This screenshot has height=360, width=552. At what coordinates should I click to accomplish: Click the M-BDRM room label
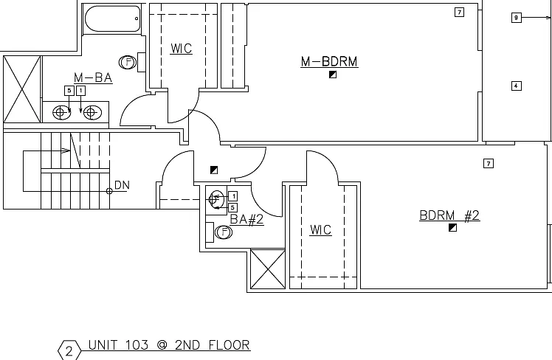[x=329, y=61]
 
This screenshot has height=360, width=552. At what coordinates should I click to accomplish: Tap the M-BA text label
[x=93, y=77]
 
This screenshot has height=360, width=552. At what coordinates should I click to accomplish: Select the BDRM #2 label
[x=449, y=215]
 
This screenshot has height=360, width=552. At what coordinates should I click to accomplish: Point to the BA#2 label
[x=246, y=219]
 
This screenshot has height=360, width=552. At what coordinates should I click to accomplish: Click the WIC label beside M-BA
[x=182, y=49]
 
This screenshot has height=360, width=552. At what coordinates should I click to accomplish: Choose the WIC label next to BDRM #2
[x=321, y=230]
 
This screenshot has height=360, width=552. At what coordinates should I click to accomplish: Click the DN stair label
[x=123, y=184]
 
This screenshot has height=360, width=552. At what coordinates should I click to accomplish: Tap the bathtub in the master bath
[x=113, y=18]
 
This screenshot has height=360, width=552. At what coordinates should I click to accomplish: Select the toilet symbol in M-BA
[x=128, y=63]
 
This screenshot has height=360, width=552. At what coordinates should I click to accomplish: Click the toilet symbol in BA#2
[x=223, y=232]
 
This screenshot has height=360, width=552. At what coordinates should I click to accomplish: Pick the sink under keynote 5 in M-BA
[x=61, y=112]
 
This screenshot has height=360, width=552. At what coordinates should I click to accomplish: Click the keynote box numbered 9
[x=516, y=18]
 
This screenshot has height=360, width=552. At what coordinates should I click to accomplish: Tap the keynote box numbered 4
[x=516, y=86]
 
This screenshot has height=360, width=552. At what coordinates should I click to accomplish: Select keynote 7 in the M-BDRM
[x=459, y=13]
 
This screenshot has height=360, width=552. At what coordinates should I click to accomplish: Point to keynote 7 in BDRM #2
[x=489, y=163]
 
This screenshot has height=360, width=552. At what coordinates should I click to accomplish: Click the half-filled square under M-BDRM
[x=333, y=75]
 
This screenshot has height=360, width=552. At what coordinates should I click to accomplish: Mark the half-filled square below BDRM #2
[x=452, y=228]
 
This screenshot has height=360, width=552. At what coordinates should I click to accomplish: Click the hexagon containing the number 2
[x=69, y=350]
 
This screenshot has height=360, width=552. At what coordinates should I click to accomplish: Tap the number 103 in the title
[x=137, y=345]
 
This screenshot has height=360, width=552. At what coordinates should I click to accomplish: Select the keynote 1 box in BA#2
[x=232, y=196]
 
